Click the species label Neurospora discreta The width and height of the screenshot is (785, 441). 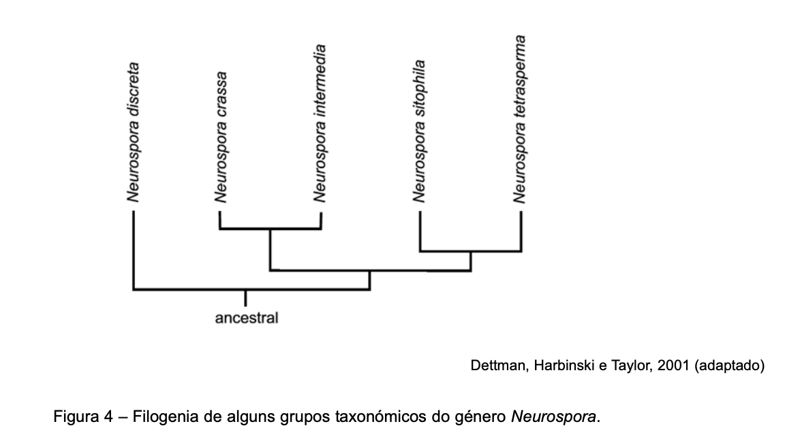coord(133,133)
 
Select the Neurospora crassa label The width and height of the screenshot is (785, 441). coord(220,137)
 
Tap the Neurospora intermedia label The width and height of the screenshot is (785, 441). coord(320,123)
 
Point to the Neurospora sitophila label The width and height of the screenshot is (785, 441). coord(419,131)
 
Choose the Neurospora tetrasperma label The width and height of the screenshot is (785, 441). coord(519,119)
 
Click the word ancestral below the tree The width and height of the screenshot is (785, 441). coord(246,318)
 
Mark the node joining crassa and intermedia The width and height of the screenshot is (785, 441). coord(271,229)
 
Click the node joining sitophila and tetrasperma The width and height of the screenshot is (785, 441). coord(471,252)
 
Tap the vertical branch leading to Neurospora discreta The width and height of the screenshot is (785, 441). coord(133,250)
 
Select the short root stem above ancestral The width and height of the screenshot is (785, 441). coord(245,298)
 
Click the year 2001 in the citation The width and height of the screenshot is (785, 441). coord(673,365)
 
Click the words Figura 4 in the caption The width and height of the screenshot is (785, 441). coord(84,416)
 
